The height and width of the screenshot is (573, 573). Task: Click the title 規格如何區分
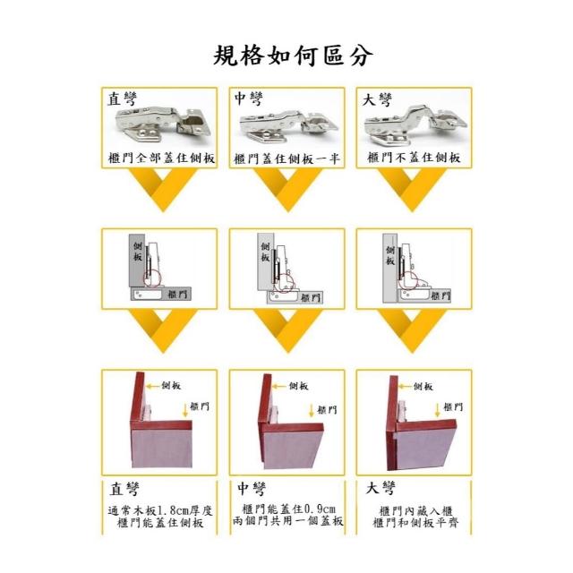point(293,56)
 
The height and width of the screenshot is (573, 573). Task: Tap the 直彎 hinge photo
point(163,124)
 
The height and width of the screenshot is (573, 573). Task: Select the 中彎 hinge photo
point(288,125)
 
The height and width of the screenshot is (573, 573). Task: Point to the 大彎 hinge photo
point(415,124)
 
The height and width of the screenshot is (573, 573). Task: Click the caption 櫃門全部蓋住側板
point(161,158)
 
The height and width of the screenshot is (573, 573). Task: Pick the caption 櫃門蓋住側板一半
point(286,158)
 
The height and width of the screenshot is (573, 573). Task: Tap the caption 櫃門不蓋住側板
point(414,158)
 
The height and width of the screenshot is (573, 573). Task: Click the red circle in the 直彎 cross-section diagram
point(151,278)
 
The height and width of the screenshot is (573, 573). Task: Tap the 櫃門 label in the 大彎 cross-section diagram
point(440,295)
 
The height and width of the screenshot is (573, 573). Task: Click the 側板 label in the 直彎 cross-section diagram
point(137,251)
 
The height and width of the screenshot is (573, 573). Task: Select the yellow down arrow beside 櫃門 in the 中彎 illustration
point(312,410)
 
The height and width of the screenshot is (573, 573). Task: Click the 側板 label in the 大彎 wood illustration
point(423,386)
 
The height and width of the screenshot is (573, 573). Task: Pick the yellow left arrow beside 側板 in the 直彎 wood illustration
point(152,386)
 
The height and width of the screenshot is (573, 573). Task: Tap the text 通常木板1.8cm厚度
point(160,510)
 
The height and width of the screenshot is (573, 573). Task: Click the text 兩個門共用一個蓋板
point(287,521)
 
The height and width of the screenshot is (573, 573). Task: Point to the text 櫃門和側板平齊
point(415,523)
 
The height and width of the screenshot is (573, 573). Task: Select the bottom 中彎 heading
point(252,489)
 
